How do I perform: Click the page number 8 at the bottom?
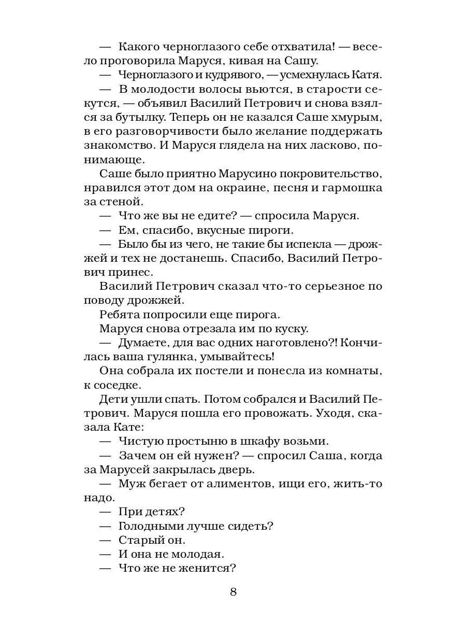pos(233,591)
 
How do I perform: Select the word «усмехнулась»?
pos(308,75)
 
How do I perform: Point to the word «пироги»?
pos(279,229)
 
